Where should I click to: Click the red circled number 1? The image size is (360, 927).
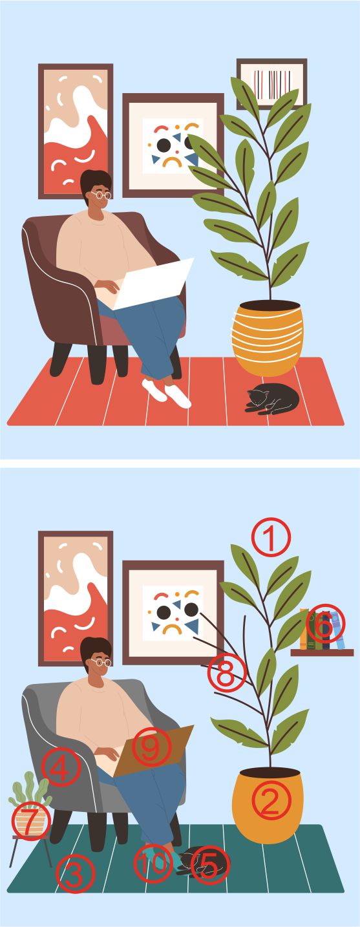[x=271, y=537]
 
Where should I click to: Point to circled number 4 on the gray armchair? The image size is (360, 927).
[x=61, y=767]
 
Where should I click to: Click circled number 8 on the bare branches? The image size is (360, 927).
[x=226, y=672]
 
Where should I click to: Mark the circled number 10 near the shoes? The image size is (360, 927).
[x=153, y=864]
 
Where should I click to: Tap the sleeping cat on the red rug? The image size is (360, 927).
[x=272, y=399]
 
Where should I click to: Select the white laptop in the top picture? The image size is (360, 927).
[x=153, y=284]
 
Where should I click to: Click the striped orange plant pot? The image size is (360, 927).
[x=268, y=338]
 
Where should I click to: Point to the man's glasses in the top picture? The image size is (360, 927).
[x=101, y=195]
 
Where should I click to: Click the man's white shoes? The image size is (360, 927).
[x=166, y=393]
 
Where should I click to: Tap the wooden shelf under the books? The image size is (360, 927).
[x=322, y=653]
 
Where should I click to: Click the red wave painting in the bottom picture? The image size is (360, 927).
[x=76, y=599]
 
